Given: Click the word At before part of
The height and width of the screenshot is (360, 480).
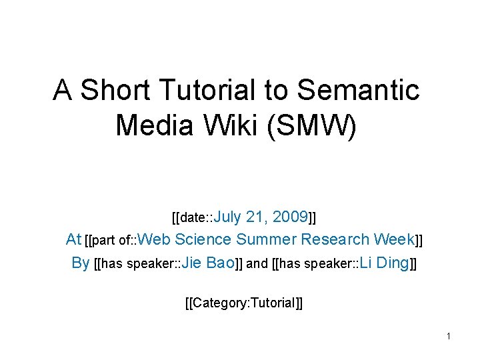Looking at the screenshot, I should [x=73, y=239].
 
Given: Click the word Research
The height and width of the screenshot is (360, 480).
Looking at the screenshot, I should [x=335, y=239].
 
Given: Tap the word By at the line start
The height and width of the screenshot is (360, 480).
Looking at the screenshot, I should [x=80, y=263].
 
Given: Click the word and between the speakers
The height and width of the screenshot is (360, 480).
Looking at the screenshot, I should [x=257, y=263].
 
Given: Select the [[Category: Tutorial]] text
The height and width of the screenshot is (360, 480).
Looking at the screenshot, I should [x=243, y=303].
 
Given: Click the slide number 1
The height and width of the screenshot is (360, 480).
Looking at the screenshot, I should [x=449, y=336].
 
